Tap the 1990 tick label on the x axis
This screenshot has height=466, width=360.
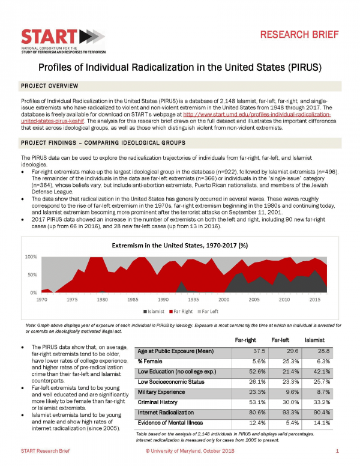coord(163,298)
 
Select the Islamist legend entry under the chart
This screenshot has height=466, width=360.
coord(156,311)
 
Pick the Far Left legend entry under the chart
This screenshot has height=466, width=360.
coord(208,311)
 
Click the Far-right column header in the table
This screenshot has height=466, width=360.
coord(246,340)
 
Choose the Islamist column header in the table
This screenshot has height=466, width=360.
coord(316,340)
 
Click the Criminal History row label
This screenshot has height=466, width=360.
coord(158,402)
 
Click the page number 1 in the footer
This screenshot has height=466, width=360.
coord(338,450)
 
